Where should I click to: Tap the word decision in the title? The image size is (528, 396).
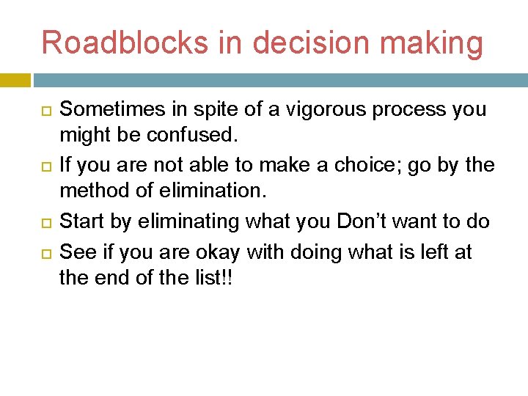pos(337,43)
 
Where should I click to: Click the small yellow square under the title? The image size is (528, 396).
pos(15,80)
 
